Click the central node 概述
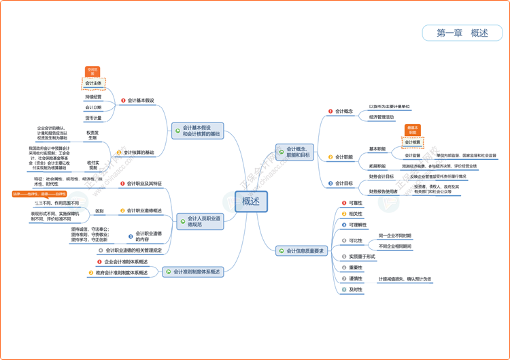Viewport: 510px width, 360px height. (251, 201)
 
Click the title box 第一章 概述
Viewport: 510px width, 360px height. (462, 33)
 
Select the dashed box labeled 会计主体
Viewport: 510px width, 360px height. (94, 83)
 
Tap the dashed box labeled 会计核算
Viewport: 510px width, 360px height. (412, 142)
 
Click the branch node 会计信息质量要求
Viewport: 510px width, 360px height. (301, 251)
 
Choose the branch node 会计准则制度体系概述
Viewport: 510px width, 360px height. (197, 272)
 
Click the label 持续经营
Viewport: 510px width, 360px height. (93, 97)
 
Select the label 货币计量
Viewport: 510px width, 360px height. (93, 118)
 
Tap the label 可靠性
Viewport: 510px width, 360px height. (356, 203)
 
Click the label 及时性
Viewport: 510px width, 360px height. (356, 289)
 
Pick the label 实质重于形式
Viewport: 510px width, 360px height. (362, 257)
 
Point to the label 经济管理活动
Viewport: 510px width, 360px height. (381, 117)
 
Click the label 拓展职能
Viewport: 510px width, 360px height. (377, 166)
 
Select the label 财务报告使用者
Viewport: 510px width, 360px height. (384, 191)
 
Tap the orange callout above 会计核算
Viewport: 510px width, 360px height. (413, 129)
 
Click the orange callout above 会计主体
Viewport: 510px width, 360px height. (93, 71)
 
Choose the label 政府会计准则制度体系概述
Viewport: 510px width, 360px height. (122, 273)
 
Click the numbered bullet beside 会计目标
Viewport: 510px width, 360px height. (330, 183)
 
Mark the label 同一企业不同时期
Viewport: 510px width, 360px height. (394, 235)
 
